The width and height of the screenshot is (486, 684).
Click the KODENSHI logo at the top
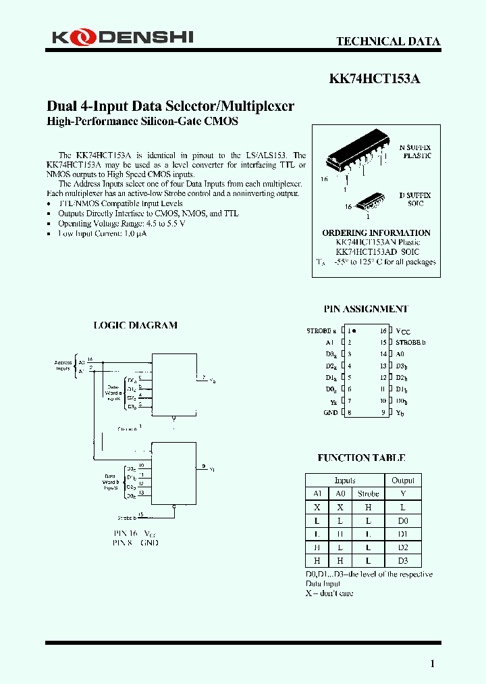[x=122, y=37]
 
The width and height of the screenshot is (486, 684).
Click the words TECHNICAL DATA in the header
[x=388, y=41]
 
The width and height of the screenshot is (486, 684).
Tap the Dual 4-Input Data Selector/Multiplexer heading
[x=170, y=107]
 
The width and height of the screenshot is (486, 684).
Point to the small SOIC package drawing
[x=369, y=201]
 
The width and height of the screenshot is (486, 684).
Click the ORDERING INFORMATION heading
[x=376, y=233]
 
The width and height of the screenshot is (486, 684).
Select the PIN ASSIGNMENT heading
[x=365, y=309]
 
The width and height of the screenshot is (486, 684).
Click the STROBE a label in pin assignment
[x=321, y=331]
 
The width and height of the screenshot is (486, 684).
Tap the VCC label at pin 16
[x=403, y=332]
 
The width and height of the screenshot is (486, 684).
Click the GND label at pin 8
[x=330, y=412]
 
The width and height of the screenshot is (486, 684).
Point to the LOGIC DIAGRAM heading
[x=135, y=325]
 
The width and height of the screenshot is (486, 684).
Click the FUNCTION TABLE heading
[x=361, y=458]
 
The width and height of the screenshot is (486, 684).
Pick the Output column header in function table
[x=403, y=481]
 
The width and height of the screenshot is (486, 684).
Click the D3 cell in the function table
[x=403, y=562]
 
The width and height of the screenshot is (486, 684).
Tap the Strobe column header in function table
[x=369, y=494]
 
